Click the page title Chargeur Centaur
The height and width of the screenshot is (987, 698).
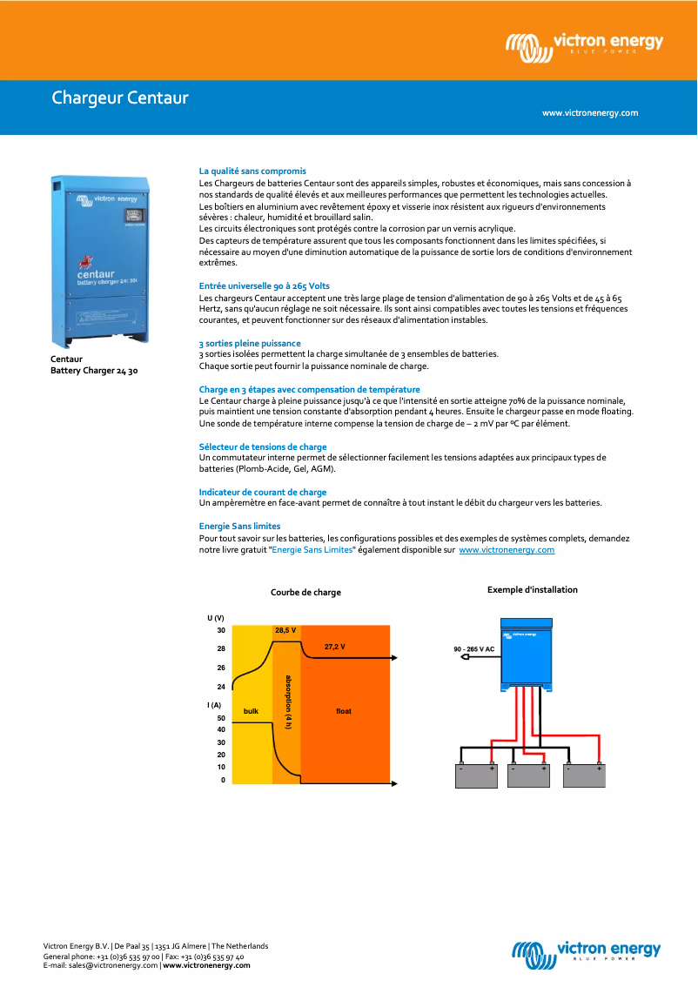(x=120, y=97)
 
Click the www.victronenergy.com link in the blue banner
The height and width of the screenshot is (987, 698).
(x=590, y=113)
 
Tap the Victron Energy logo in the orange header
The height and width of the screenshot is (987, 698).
(x=585, y=46)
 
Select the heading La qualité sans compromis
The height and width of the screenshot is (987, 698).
(x=252, y=171)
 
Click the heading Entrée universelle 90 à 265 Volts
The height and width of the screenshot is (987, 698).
(x=264, y=285)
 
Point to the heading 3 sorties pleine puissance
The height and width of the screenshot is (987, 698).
(x=250, y=344)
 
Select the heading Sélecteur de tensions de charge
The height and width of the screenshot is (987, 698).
(x=263, y=446)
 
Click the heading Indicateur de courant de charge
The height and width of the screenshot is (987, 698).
(x=263, y=493)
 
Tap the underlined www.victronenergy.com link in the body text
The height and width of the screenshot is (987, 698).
(x=507, y=550)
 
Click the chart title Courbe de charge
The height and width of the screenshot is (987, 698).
(x=305, y=593)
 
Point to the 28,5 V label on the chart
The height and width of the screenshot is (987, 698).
(x=285, y=630)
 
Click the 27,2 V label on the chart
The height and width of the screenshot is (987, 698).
(x=334, y=647)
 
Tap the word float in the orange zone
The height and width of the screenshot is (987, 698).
(x=344, y=711)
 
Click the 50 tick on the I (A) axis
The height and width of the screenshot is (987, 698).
(x=221, y=718)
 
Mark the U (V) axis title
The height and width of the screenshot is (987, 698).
(x=216, y=617)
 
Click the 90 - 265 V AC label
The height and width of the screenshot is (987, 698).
(x=474, y=649)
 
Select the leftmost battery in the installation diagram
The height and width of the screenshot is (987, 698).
(x=477, y=775)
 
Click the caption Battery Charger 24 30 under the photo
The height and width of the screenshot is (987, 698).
(x=94, y=371)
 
